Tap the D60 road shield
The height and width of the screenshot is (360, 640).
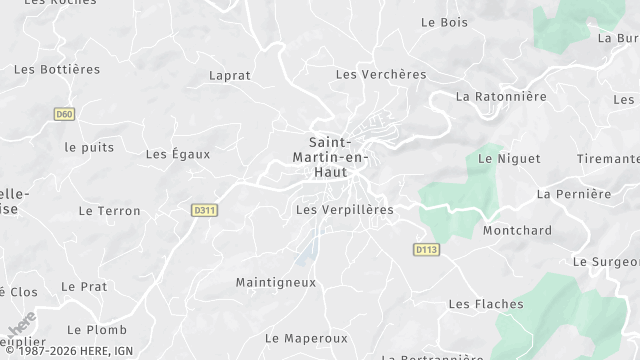(65, 114)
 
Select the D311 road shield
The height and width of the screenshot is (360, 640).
(205, 210)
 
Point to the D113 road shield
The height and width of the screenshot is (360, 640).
(426, 248)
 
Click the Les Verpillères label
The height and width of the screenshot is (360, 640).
(345, 210)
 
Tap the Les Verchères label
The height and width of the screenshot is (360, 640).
(381, 74)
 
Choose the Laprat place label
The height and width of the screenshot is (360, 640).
(230, 75)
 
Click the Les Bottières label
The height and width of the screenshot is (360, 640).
(58, 69)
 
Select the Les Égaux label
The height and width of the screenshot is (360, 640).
(178, 154)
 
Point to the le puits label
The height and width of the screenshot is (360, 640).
(89, 147)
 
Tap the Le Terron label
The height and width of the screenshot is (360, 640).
(109, 211)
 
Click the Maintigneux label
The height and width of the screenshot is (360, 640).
(275, 282)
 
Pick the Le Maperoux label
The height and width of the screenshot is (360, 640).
(306, 338)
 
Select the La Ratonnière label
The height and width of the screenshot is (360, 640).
(501, 97)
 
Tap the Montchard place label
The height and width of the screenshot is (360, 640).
(517, 230)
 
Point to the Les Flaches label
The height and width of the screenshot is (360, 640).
(486, 304)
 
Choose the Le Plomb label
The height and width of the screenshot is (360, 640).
(97, 329)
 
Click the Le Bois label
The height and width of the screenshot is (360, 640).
(445, 21)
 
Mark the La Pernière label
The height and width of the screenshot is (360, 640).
(574, 193)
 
